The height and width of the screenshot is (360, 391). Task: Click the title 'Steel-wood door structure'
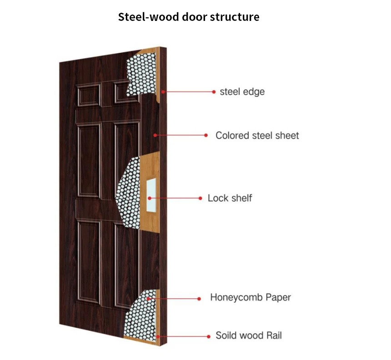(189, 17)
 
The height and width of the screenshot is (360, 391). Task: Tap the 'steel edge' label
(242, 92)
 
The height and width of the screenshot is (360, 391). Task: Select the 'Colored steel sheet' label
(257, 135)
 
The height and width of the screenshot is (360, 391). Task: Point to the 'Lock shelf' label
(230, 198)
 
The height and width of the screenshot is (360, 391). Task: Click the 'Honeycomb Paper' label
(250, 298)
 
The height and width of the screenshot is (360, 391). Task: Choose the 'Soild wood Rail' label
(248, 336)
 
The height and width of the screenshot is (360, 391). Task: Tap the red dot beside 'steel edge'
(214, 92)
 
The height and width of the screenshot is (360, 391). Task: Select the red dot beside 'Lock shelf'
(201, 198)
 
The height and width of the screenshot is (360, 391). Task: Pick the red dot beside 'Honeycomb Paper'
(199, 299)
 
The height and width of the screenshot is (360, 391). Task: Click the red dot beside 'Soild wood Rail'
(209, 337)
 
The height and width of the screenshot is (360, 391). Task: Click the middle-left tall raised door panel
(89, 161)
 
